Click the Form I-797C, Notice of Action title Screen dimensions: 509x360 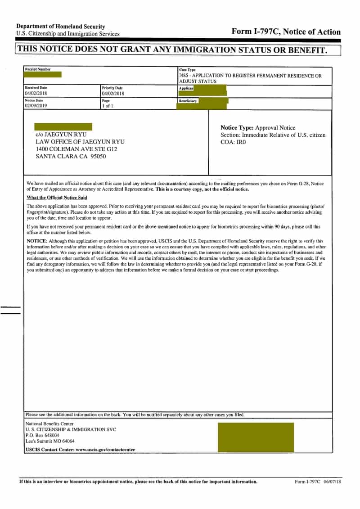286,32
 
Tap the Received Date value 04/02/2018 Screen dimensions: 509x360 37,94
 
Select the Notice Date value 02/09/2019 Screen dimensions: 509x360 37,106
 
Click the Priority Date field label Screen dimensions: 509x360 112,88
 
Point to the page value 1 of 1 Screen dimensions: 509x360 108,106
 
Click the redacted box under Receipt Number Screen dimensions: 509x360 43,75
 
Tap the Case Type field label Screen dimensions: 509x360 187,70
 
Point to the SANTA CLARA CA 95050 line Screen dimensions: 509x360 71,157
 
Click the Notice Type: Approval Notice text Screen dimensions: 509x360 258,128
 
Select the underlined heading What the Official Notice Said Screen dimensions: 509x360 57,198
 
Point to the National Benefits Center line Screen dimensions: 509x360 49,424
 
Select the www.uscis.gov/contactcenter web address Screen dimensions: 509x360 105,450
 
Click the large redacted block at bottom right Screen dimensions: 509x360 255,437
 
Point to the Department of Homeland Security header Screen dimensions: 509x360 61,27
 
